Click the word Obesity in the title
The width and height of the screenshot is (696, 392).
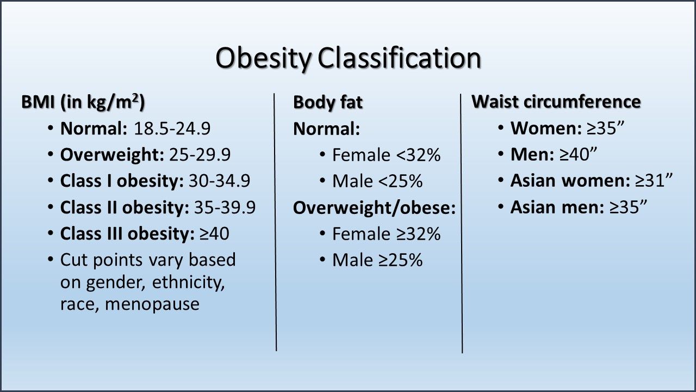point(264,58)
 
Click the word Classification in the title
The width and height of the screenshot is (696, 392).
point(400,58)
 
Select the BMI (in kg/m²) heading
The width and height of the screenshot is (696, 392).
point(83,102)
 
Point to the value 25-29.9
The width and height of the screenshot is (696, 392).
point(200,155)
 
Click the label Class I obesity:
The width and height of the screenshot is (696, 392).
point(122,181)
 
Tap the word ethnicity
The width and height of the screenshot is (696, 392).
point(189,283)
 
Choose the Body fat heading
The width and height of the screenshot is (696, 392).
point(327,102)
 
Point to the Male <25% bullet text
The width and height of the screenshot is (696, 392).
point(377,181)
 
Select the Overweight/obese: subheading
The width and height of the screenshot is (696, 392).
point(374,207)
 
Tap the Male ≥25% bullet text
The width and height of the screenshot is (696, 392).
point(377,260)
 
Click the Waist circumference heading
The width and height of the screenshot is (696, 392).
point(556,102)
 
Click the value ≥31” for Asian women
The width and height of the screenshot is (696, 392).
point(654,181)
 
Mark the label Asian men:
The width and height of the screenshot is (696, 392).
point(556,207)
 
